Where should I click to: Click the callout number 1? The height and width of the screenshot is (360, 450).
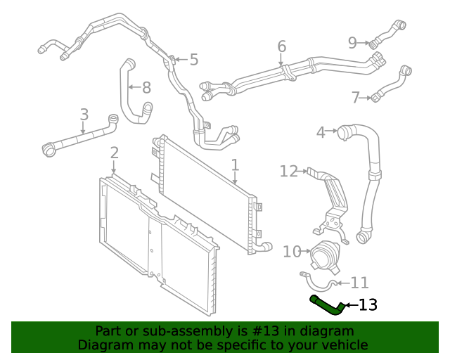tap(235, 166)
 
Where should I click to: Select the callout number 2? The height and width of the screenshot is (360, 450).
tap(114, 153)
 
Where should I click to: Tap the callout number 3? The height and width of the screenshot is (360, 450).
tap(84, 115)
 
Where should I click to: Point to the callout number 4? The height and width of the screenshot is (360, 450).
tap(321, 131)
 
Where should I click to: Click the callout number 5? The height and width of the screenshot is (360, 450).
tap(194, 60)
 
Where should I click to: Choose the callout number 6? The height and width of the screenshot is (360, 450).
tap(281, 47)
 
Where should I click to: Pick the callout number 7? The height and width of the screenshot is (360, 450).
tap(355, 98)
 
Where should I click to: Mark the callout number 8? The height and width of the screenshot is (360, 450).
tap(146, 88)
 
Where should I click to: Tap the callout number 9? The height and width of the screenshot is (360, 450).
tap(353, 43)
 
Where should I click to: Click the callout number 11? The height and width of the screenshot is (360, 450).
tap(359, 283)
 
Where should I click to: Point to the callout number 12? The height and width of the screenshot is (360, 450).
tap(289, 170)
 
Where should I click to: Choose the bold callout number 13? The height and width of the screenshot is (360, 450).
tap(368, 305)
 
